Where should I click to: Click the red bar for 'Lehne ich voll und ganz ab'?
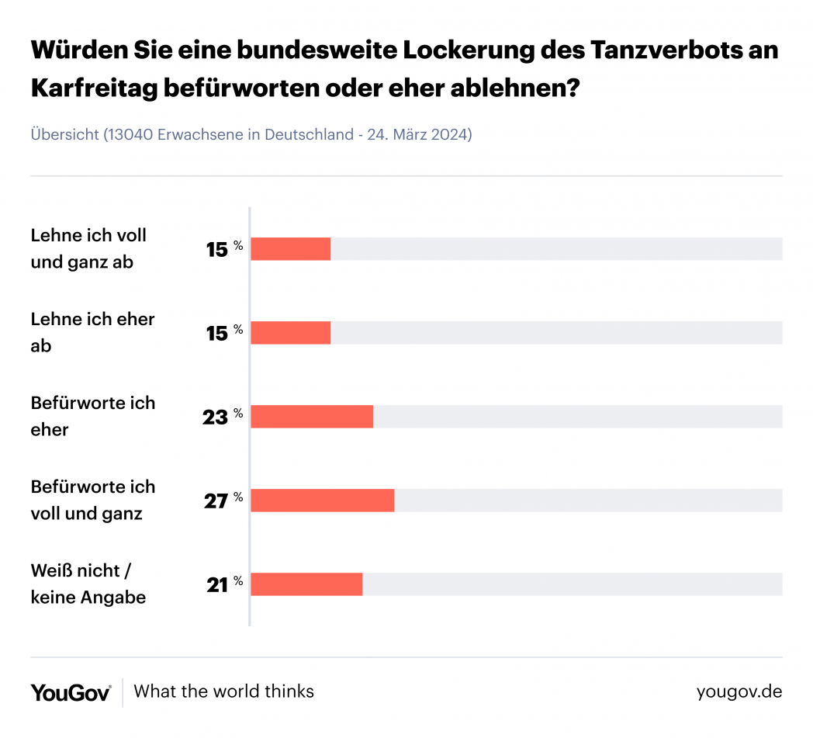click(x=291, y=249)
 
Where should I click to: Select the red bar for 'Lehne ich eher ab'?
click(x=291, y=333)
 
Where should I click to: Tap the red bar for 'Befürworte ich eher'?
click(x=312, y=417)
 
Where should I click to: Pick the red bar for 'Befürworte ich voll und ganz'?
click(x=323, y=501)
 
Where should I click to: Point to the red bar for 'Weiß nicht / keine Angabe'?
click(x=306, y=584)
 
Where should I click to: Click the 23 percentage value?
click(x=216, y=417)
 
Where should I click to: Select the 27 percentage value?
click(x=216, y=501)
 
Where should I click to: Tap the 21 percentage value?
click(x=217, y=584)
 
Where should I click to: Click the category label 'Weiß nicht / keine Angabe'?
click(x=88, y=584)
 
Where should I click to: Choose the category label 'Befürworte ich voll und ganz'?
click(x=93, y=501)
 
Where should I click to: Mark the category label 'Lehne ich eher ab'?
click(x=93, y=332)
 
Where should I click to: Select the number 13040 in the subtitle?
click(x=130, y=134)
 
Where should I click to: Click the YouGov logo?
click(x=71, y=692)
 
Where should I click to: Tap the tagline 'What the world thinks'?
click(x=223, y=691)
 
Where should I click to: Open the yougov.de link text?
click(x=739, y=691)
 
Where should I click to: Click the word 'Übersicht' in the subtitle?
click(x=64, y=134)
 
